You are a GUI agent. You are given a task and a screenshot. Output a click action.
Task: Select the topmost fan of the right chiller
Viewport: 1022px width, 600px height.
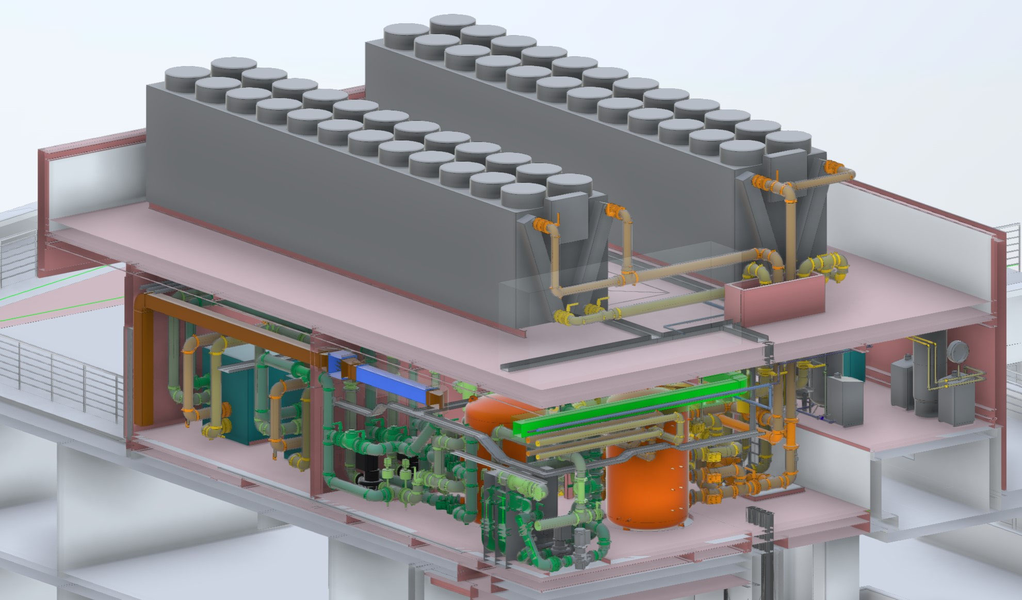pos(452,24)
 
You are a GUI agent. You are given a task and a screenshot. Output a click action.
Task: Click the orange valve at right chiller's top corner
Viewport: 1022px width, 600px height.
pos(832,167)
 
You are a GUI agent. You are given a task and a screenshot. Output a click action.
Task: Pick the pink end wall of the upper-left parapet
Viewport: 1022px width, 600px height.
pos(45,212)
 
